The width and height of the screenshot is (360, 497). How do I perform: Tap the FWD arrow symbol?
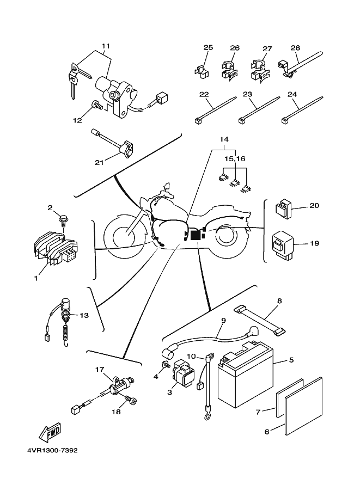(50, 433)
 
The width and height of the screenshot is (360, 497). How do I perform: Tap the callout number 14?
(224, 140)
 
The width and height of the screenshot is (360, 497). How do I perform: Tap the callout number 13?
(83, 315)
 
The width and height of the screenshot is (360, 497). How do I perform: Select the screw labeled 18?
(130, 401)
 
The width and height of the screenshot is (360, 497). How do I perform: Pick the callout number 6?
(267, 432)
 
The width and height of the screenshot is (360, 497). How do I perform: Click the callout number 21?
(99, 162)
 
